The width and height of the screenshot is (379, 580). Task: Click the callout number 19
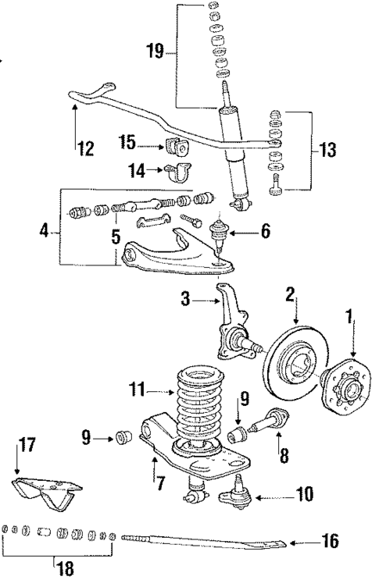point(156,52)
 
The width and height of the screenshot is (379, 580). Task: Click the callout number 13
point(330,147)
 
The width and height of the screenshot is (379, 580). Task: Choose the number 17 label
point(26,447)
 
